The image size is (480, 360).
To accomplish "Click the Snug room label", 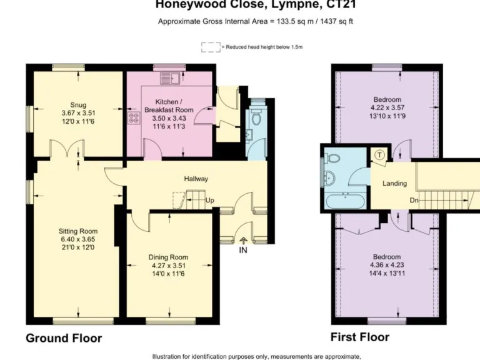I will (x=78, y=104).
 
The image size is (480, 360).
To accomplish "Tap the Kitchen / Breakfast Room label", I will (x=169, y=106).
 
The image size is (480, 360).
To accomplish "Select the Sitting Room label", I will (x=78, y=231).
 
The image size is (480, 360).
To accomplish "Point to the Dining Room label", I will (x=168, y=257).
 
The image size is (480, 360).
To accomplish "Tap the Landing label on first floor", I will (x=394, y=184).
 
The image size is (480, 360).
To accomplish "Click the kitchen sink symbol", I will (x=169, y=78).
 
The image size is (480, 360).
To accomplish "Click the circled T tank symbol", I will (x=379, y=155).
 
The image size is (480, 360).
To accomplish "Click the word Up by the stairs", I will (x=209, y=201).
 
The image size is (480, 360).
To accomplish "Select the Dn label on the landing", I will (x=414, y=200).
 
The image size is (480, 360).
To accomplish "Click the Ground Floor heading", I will (x=64, y=338).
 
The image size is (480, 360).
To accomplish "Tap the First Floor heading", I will (x=360, y=337).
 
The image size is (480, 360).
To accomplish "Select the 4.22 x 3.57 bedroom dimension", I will (x=387, y=107).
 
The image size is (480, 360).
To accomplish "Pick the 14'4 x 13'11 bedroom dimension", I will (x=387, y=273).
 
